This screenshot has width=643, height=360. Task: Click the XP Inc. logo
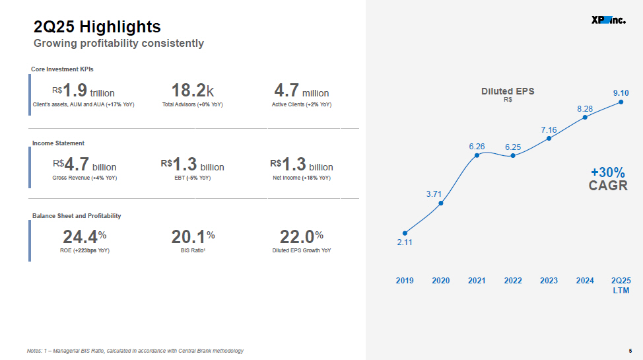[x=609, y=20]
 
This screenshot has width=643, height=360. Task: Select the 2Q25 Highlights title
[x=97, y=26]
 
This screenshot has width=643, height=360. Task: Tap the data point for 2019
[x=405, y=233]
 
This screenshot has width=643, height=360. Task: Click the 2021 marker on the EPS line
[x=477, y=155]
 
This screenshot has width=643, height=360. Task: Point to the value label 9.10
[x=621, y=93]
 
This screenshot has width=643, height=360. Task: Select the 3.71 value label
[x=434, y=194]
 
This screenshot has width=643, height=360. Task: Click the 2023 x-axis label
[x=549, y=280]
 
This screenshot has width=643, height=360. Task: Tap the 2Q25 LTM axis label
[x=621, y=285]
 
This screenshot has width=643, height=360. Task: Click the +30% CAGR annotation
[x=608, y=179]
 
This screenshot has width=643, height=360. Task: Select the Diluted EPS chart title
[x=508, y=91]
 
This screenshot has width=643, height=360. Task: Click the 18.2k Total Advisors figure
[x=192, y=90]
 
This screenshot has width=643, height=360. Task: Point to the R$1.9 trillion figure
[x=83, y=90]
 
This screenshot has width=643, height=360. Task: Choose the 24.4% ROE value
[x=85, y=237]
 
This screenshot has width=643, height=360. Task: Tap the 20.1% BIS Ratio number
[x=193, y=237]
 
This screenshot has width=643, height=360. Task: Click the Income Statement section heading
[x=58, y=143]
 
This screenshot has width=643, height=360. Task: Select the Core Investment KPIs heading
[x=62, y=69]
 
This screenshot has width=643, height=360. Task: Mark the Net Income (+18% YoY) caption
[x=302, y=178]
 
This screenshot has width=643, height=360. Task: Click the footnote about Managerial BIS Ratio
[x=135, y=351]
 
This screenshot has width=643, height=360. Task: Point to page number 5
[x=630, y=351]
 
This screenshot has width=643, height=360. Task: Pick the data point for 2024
[x=585, y=118]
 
